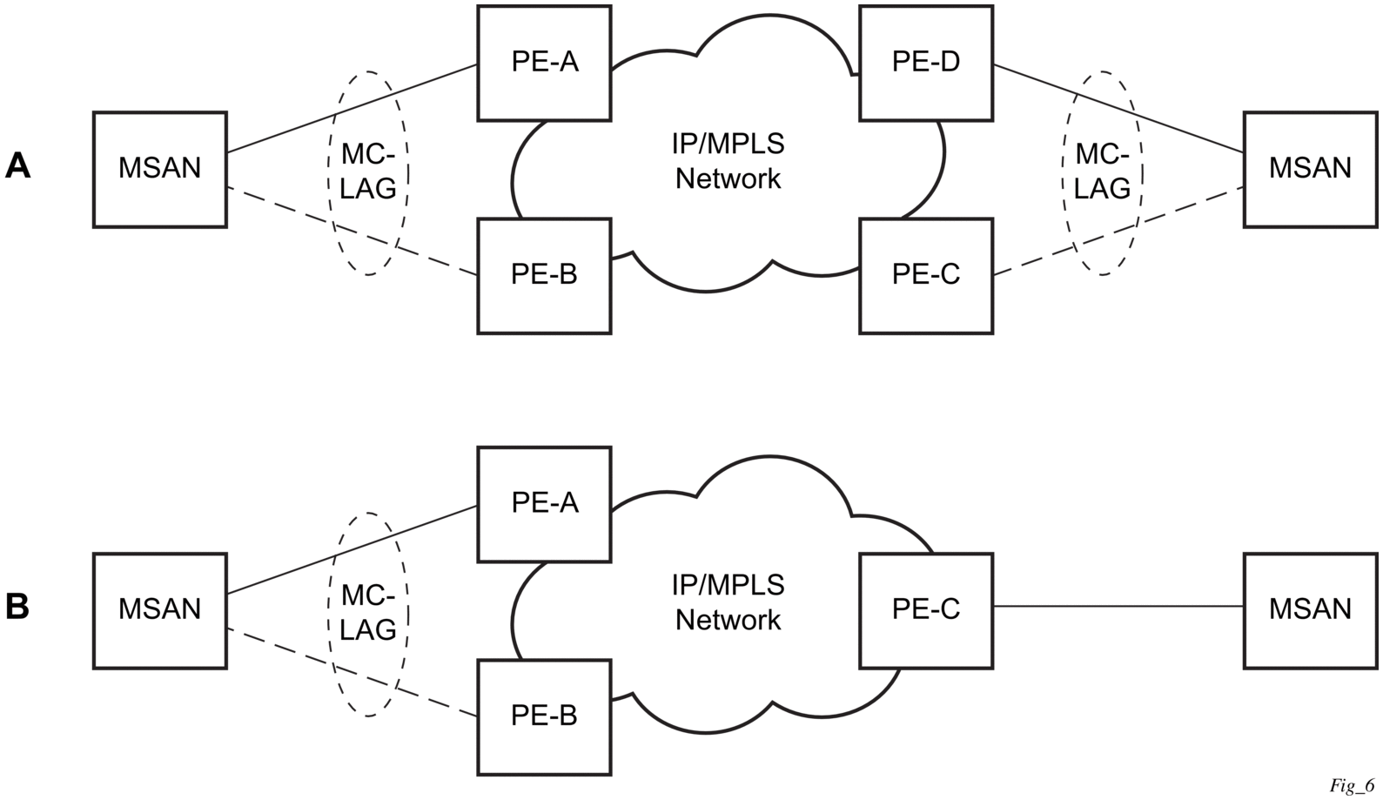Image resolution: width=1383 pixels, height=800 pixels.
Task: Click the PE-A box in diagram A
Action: point(544,63)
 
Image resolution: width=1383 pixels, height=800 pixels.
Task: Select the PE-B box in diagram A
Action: point(544,275)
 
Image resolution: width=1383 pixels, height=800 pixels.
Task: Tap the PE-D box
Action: point(926,63)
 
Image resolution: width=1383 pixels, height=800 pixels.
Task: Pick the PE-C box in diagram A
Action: point(926,275)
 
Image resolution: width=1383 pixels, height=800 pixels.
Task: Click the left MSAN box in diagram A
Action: point(160,169)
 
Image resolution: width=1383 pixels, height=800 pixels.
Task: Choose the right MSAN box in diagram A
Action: point(1310,169)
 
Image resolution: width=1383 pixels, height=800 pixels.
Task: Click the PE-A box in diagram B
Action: point(544,504)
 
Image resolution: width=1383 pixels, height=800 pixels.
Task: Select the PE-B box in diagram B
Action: point(544,716)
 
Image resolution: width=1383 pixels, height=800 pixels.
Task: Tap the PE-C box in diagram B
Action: point(926,610)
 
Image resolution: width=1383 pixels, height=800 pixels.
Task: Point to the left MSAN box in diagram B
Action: point(160,610)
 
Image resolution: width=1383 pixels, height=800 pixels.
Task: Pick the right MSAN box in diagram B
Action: point(1310,610)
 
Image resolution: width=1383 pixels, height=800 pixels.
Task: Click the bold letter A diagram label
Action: point(18,165)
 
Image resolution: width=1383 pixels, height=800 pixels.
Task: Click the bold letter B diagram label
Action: point(18,607)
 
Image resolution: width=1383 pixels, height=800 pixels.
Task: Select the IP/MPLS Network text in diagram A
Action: point(728,161)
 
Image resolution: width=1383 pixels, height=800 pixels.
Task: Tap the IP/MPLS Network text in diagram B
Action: point(728,602)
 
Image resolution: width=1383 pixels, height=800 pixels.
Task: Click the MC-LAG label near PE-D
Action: point(1103,171)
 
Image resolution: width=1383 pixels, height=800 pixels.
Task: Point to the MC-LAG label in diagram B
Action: point(368,613)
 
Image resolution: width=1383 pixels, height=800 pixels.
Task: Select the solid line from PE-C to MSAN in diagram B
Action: point(1118,606)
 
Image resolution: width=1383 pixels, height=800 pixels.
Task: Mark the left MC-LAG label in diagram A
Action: point(368,171)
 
